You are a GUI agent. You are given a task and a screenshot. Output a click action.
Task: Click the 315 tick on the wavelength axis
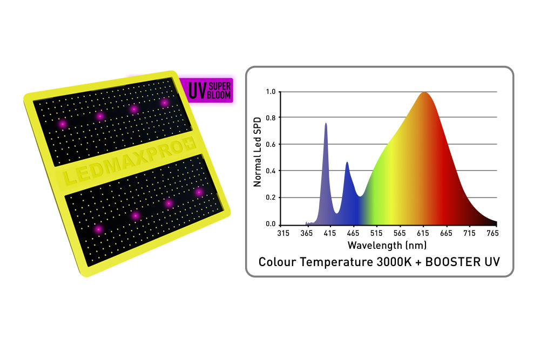pos(283,233)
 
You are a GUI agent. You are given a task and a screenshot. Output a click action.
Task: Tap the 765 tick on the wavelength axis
pos(492,233)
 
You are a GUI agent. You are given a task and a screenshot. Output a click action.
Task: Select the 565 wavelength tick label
pos(400,233)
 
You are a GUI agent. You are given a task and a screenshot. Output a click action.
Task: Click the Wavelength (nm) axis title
pos(387,245)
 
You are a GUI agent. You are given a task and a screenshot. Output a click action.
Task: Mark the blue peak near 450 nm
pos(347,163)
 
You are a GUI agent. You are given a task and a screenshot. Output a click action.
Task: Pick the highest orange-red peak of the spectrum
pos(424,93)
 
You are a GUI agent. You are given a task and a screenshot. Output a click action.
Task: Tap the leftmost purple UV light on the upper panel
pos(63,124)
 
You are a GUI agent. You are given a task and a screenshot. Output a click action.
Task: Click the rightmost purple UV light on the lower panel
pos(199,192)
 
